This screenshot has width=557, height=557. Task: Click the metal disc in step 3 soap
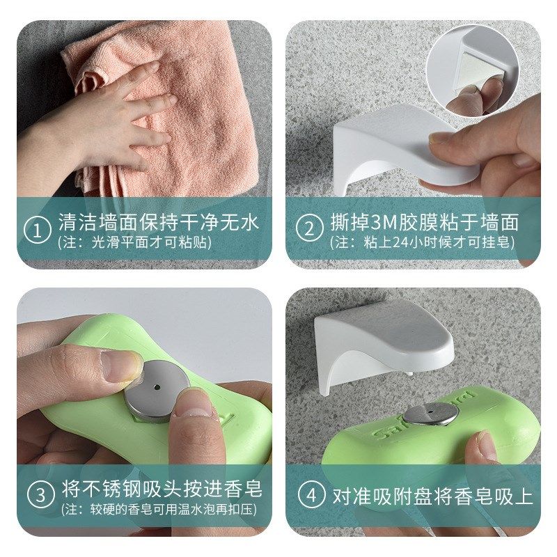click(157, 394)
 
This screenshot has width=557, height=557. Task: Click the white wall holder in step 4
click(376, 341)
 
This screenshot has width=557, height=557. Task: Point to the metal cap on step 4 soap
click(430, 414)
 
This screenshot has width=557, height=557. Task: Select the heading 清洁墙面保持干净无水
click(158, 222)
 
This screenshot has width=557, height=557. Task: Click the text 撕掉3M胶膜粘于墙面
click(424, 222)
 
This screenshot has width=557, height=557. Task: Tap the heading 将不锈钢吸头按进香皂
click(160, 487)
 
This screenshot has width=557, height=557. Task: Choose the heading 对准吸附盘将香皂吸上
click(432, 496)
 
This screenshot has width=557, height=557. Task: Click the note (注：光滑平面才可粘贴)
click(134, 243)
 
